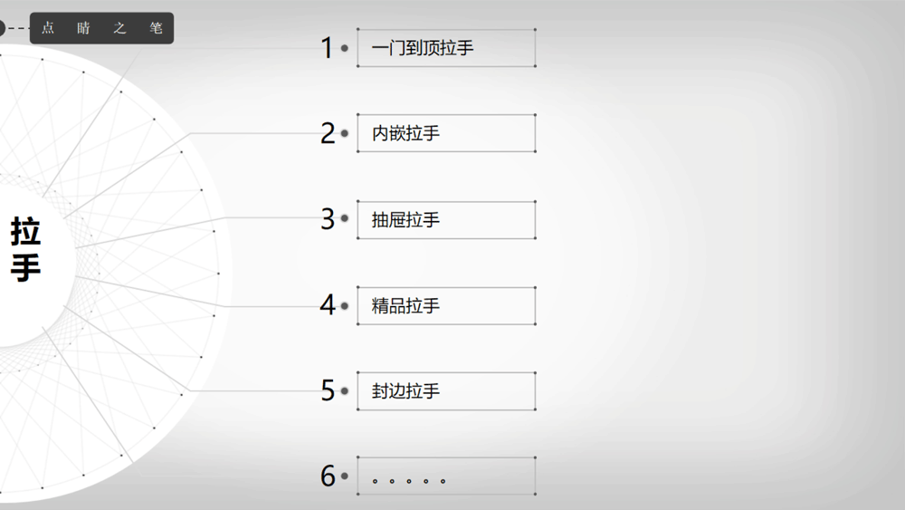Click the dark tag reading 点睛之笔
tap(101, 28)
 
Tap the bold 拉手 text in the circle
tap(25, 249)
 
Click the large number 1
tap(328, 47)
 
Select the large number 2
tap(328, 133)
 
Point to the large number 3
tap(328, 219)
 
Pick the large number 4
tap(328, 305)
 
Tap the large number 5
tap(328, 390)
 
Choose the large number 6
tap(328, 476)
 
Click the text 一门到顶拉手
tap(423, 48)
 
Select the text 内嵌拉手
tap(405, 133)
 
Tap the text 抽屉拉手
tap(405, 219)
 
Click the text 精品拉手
tap(405, 305)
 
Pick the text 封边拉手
tap(405, 391)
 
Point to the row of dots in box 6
tap(409, 480)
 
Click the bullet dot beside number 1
tap(345, 48)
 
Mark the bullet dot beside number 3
tap(345, 218)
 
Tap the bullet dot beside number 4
tap(345, 305)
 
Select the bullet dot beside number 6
tap(345, 476)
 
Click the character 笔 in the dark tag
tap(156, 28)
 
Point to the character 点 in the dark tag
tap(48, 28)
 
